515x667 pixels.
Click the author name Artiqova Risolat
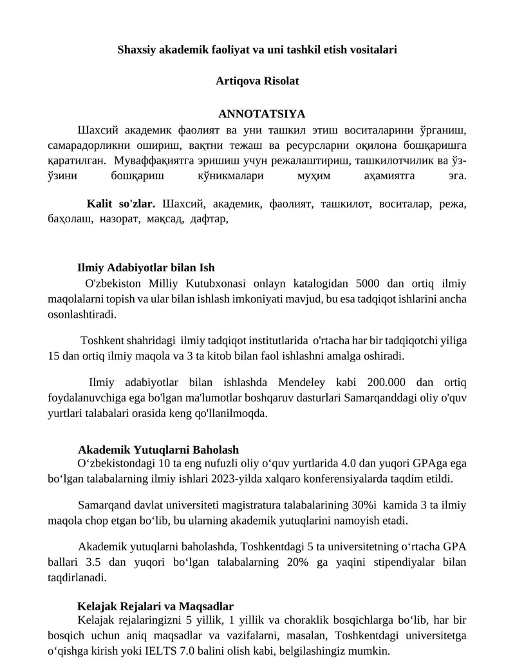click(257, 82)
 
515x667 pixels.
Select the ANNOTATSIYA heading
click(262, 114)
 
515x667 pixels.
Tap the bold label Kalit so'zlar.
click(121, 204)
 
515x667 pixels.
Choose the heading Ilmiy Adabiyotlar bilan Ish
click(146, 267)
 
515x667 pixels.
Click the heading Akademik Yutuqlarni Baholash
click(158, 449)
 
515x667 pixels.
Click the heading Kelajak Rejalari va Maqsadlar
click(155, 606)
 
